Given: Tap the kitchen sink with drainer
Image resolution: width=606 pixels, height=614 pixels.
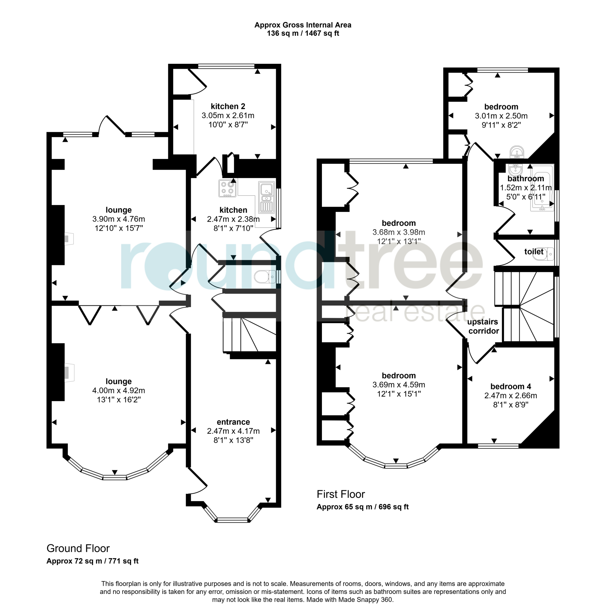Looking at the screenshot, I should pyautogui.click(x=266, y=197).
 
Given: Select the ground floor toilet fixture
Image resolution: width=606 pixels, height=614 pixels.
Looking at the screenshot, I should pyautogui.click(x=265, y=276).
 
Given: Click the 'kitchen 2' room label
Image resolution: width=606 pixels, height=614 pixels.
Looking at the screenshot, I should pyautogui.click(x=228, y=106).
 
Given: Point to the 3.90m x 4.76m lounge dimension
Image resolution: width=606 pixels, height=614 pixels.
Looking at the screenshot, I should pyautogui.click(x=118, y=219).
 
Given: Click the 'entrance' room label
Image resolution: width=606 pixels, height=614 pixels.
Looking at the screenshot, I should pyautogui.click(x=233, y=422).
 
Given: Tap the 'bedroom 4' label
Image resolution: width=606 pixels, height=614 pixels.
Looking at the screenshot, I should pyautogui.click(x=510, y=386).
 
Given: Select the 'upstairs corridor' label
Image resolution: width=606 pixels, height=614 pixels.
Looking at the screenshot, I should pyautogui.click(x=483, y=326).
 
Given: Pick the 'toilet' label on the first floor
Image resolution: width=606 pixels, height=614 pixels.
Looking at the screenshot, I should pyautogui.click(x=533, y=252).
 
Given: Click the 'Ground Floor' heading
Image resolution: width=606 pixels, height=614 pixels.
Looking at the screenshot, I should pyautogui.click(x=78, y=548).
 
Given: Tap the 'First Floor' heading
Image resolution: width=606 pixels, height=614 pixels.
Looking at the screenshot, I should pyautogui.click(x=340, y=494).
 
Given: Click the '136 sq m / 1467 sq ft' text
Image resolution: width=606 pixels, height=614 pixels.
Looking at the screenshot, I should pyautogui.click(x=303, y=33).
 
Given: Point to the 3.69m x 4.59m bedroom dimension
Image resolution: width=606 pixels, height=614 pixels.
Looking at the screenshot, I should pyautogui.click(x=398, y=385).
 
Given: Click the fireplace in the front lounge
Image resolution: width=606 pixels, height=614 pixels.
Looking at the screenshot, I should pyautogui.click(x=68, y=372).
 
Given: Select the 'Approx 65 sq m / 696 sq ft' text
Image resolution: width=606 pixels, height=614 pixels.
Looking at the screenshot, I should pyautogui.click(x=362, y=507).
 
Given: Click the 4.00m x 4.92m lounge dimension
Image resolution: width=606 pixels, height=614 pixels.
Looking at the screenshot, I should pyautogui.click(x=118, y=390).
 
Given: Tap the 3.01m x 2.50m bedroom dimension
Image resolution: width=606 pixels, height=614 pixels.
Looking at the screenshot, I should pyautogui.click(x=501, y=116).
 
